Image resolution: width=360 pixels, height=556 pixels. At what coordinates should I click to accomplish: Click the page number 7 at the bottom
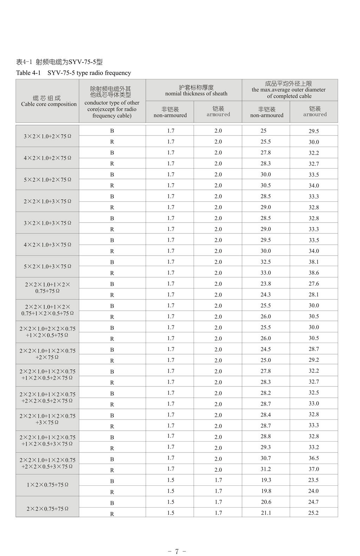coord(177,551)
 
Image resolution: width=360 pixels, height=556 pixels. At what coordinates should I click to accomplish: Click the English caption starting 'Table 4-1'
coord(73,73)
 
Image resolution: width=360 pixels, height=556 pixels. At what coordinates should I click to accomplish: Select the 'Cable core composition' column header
coord(48,101)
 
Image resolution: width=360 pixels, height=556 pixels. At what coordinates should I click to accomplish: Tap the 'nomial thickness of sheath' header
coord(196,91)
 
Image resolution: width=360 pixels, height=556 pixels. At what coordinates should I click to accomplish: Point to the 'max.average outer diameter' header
coord(289,90)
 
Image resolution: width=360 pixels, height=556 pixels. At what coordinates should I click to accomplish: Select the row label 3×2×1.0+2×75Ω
coord(47,136)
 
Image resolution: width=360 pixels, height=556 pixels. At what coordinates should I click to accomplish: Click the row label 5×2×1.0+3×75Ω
coord(47,266)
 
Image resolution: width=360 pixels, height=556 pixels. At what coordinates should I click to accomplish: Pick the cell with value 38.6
coord(314,273)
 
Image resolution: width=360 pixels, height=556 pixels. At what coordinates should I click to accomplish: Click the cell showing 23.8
coord(266,284)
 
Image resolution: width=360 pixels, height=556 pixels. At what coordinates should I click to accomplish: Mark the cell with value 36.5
coord(314,458)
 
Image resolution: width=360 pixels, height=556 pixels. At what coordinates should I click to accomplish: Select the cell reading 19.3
coord(266,480)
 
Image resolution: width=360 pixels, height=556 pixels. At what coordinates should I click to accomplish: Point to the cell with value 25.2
coord(313,513)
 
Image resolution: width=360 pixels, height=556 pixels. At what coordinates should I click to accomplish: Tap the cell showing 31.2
coord(266,469)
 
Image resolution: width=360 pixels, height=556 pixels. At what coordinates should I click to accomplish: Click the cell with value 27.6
coord(314,284)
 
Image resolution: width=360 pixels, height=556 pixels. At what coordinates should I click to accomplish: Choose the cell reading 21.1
coord(266,513)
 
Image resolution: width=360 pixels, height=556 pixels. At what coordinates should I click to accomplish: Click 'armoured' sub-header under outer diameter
coord(315,112)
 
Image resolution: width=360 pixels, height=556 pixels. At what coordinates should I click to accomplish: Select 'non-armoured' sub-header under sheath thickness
coord(170,112)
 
